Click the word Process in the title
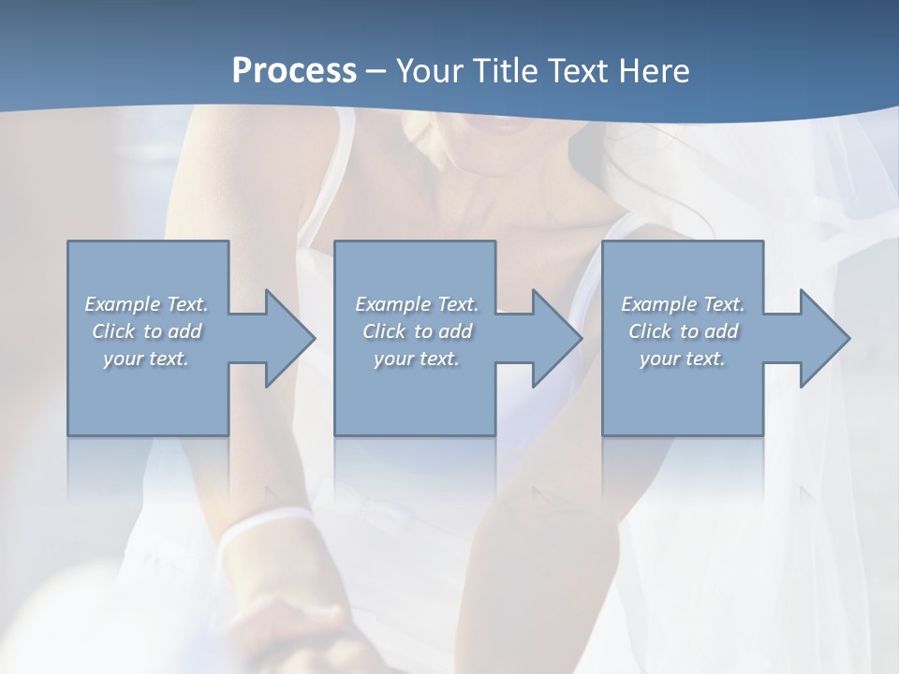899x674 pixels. [294, 71]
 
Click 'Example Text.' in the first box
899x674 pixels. [146, 304]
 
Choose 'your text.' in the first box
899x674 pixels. [146, 359]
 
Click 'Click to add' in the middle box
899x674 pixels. [417, 331]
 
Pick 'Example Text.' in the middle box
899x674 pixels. [417, 304]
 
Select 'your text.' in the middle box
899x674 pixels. [417, 359]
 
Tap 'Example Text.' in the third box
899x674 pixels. [683, 304]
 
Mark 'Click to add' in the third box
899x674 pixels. [683, 331]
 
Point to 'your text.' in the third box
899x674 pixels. [683, 359]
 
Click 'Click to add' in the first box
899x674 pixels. [146, 331]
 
